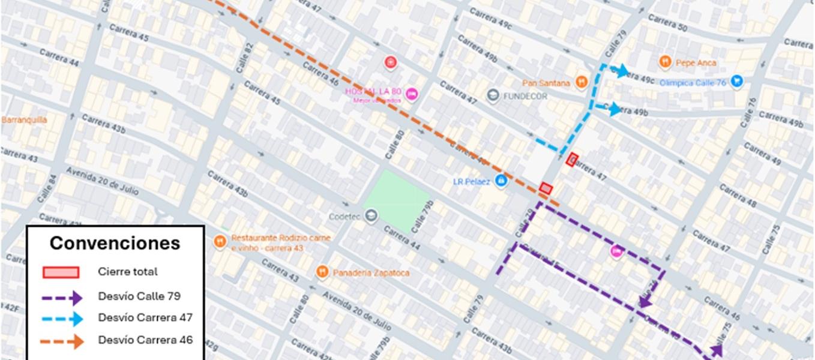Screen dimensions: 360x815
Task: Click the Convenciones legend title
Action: click(115, 243)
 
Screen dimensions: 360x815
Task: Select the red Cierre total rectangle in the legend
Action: click(61, 272)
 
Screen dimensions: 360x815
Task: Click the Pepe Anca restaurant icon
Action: click(664, 62)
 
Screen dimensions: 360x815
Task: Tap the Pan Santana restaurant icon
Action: click(580, 82)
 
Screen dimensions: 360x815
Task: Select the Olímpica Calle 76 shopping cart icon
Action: click(737, 82)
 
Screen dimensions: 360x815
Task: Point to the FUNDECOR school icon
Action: click(493, 95)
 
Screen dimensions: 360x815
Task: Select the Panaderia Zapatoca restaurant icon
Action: click(322, 272)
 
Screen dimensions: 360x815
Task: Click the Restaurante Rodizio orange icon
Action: click(220, 241)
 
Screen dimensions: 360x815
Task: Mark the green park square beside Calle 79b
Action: click(397, 200)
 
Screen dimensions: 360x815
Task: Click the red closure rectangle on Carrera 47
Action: click(572, 160)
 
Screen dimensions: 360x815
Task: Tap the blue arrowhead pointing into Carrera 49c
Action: click(622, 71)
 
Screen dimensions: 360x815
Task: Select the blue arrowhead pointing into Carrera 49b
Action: click(614, 109)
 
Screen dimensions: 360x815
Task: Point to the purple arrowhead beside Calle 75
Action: click(716, 350)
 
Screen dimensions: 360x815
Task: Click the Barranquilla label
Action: click(24, 119)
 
